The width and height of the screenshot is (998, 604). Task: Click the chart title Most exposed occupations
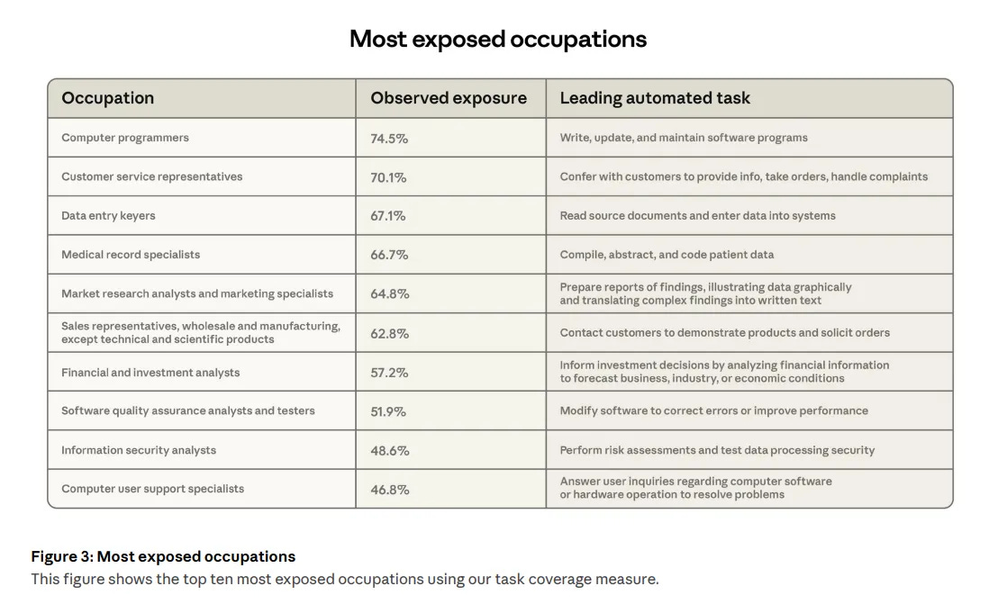click(x=498, y=40)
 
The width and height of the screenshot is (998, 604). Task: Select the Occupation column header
click(x=107, y=98)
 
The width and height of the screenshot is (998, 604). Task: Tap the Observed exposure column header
click(x=449, y=98)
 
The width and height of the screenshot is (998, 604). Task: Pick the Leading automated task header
click(x=655, y=98)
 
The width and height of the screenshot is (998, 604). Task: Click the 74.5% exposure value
click(x=389, y=139)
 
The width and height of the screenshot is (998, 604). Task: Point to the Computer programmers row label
click(x=125, y=138)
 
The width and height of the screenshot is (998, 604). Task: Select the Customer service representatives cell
click(x=151, y=176)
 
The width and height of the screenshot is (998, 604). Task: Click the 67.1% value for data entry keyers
click(x=388, y=216)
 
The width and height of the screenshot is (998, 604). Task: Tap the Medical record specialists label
click(x=131, y=255)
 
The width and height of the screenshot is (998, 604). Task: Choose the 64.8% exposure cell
click(x=389, y=293)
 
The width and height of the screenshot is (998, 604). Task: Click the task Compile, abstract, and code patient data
click(x=667, y=255)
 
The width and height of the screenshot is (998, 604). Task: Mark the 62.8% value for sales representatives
click(x=389, y=333)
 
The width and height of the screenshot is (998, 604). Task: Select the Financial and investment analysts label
click(x=150, y=372)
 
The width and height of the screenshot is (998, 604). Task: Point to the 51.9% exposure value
click(x=388, y=411)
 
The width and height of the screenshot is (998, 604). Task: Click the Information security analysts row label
click(x=139, y=450)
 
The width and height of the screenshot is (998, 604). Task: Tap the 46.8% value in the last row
click(x=389, y=490)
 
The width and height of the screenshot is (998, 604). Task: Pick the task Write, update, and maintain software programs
click(x=684, y=138)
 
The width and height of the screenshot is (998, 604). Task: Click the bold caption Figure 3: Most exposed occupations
click(x=163, y=556)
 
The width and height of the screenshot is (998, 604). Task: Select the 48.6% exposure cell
click(x=389, y=450)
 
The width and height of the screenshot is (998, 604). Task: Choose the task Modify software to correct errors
click(x=714, y=410)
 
